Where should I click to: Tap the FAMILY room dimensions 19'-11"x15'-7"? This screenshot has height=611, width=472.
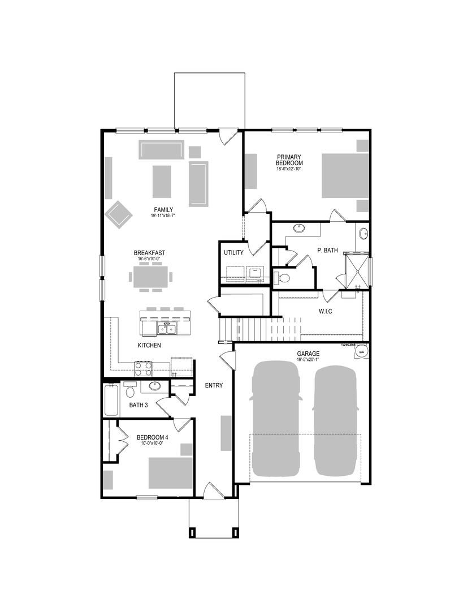click(163, 216)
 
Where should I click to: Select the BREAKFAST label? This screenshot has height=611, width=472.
click(149, 253)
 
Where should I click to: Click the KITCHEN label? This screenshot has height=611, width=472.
click(149, 345)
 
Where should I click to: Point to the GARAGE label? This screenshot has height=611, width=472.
click(308, 354)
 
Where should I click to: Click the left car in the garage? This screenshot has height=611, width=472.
click(276, 419)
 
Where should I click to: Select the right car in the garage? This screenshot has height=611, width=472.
click(336, 419)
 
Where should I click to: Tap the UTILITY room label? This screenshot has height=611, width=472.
click(233, 253)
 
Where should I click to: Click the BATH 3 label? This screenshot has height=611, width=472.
click(138, 405)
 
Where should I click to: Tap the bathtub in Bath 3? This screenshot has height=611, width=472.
click(112, 400)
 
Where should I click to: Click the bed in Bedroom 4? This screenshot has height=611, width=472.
click(170, 472)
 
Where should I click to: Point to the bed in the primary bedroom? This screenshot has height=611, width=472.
click(345, 175)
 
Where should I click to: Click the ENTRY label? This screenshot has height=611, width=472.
click(214, 385)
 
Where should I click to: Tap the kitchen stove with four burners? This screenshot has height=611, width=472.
click(144, 368)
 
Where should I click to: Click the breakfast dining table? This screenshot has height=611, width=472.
click(150, 277)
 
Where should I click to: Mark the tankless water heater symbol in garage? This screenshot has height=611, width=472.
click(361, 352)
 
